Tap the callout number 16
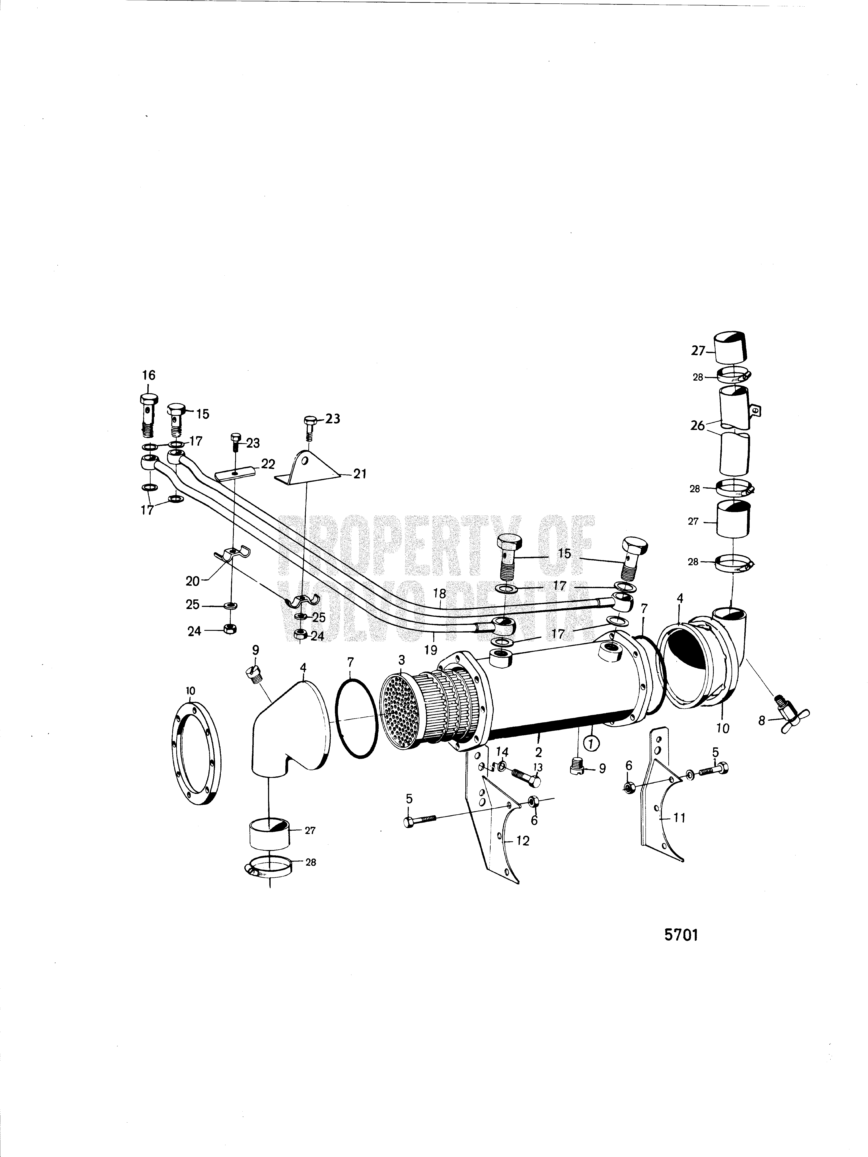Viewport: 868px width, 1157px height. pyautogui.click(x=148, y=375)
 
